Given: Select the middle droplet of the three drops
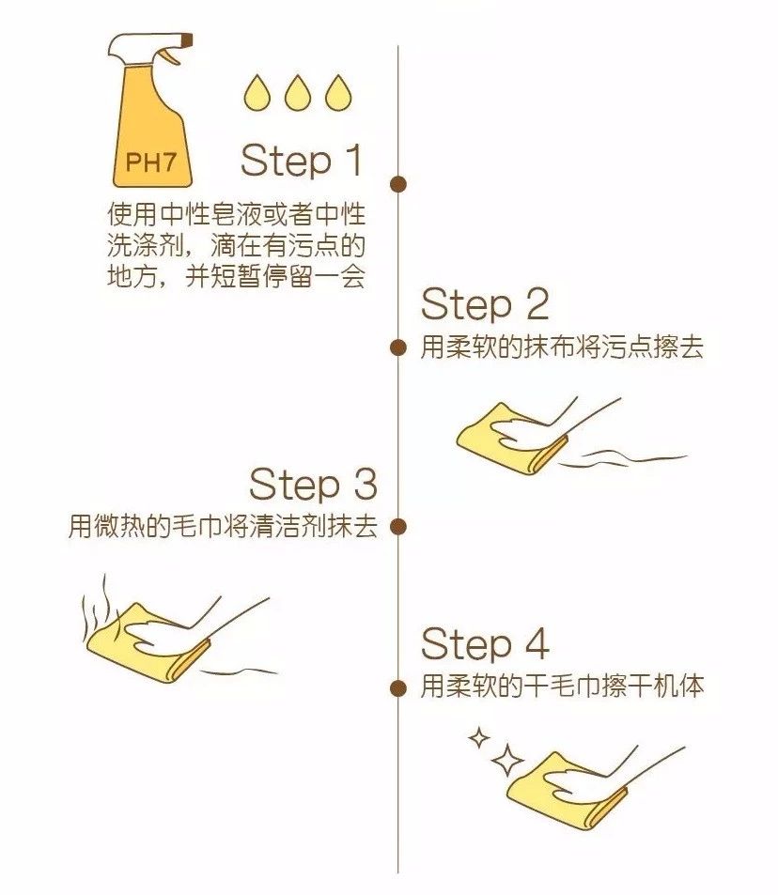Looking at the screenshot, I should click(295, 93).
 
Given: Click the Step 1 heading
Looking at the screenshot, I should click(302, 162).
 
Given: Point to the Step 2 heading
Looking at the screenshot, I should click(484, 304).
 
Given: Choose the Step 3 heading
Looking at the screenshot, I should click(313, 485).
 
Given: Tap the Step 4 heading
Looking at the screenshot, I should click(484, 644).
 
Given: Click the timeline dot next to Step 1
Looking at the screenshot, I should click(398, 184).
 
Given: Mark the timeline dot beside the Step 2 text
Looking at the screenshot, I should click(398, 347).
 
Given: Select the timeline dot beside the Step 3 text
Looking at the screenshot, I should click(398, 527).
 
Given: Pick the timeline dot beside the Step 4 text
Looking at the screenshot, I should click(398, 687).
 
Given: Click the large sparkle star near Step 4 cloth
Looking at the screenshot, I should click(507, 759).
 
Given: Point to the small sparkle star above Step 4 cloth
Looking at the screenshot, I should click(479, 738).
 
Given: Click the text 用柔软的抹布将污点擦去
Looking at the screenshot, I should click(562, 347).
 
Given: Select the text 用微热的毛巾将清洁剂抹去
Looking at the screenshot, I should click(223, 527).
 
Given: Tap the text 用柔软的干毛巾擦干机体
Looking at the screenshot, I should click(562, 687).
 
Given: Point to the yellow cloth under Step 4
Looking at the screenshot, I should click(559, 794).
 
